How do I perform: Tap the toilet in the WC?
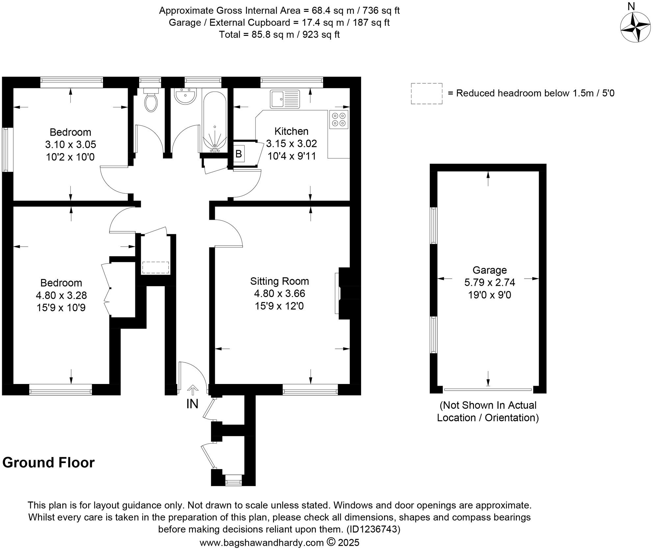[x=151, y=101]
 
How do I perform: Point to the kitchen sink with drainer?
[x=285, y=99]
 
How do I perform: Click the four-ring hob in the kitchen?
[x=339, y=120]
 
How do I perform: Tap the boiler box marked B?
[x=239, y=153]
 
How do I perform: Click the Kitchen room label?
[x=291, y=131]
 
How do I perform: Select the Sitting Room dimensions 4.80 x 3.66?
[x=279, y=293]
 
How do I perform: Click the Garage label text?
[x=489, y=270]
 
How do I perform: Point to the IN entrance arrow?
[x=193, y=391]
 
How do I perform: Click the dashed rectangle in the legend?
[x=426, y=94]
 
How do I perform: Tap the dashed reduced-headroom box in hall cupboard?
[x=155, y=267]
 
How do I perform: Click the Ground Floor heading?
[x=48, y=463]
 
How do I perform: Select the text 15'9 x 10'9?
[x=61, y=308]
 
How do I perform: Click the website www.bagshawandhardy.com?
[x=262, y=542]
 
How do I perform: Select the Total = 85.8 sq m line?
[x=279, y=35]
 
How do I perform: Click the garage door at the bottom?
[x=488, y=390]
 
